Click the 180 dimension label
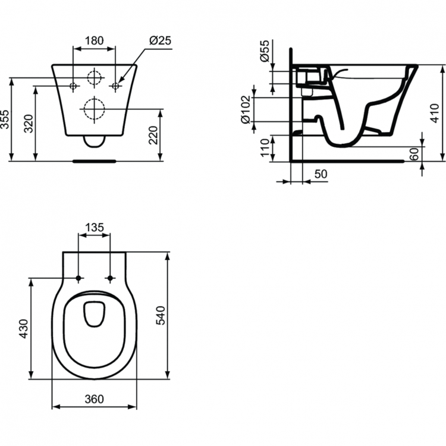pos(94,41)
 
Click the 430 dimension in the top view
pos(24,328)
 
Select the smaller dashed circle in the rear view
pos(94,78)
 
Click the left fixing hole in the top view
pos(78,278)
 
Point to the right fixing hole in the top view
pos(111,278)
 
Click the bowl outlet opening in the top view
pos(95,315)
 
